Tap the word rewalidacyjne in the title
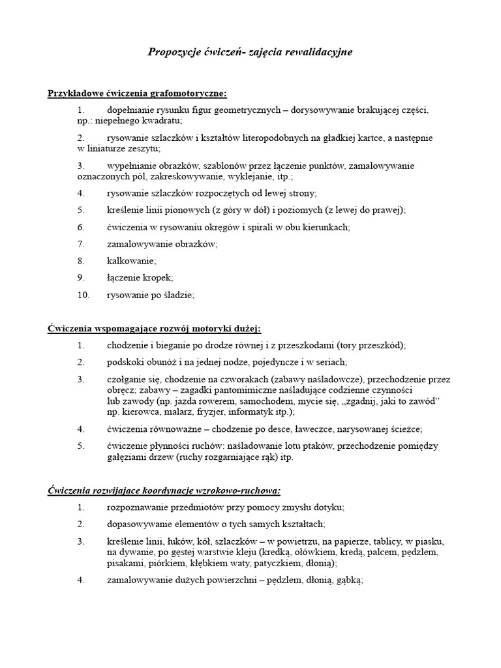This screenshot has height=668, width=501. pos(316,52)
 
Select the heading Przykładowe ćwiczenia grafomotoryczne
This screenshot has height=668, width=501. pos(137,93)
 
